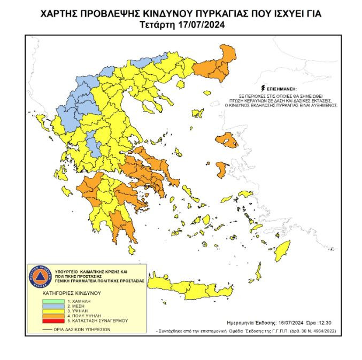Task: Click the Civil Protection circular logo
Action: coord(40,276)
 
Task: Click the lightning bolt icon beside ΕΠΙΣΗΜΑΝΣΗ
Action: coord(261,87)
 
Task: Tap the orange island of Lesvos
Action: coord(228,142)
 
